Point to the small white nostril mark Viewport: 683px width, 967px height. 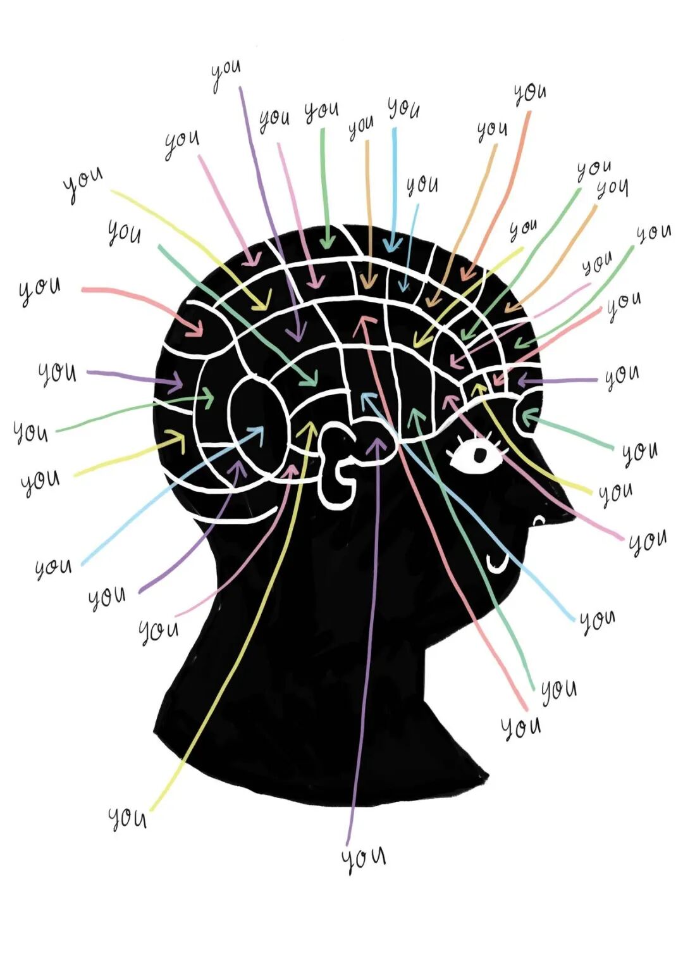(x=538, y=520)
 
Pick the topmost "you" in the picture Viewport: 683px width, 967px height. (x=226, y=73)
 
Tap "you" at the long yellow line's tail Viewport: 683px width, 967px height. (x=127, y=818)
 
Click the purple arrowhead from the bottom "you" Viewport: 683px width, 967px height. (x=377, y=444)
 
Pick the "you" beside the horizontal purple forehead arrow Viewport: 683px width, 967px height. (x=622, y=376)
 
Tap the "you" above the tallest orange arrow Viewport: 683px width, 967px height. (x=529, y=93)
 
